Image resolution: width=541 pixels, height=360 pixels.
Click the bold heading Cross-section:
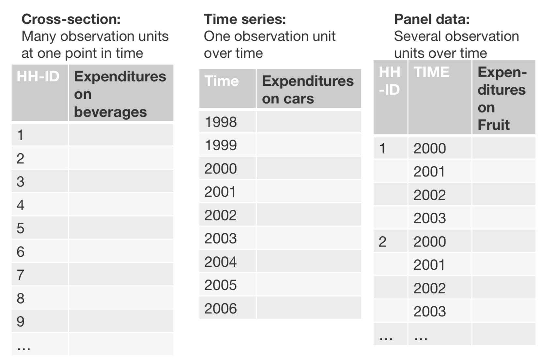[71, 19]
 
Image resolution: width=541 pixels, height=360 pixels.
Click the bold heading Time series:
[245, 19]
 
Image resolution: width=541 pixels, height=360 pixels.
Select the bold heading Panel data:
[432, 19]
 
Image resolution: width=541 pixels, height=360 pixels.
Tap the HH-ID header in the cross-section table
[38, 77]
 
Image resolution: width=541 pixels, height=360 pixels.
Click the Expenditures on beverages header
[120, 94]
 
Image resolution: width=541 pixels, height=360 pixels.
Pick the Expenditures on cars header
[307, 89]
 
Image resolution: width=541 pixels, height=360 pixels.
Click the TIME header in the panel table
[431, 72]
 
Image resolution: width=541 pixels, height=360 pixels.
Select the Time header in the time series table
[222, 81]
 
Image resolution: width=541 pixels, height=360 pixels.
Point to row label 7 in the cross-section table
[20, 275]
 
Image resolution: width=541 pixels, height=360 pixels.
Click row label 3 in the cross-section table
[20, 182]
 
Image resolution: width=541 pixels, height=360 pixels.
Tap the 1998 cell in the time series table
[221, 122]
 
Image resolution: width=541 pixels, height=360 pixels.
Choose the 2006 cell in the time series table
[221, 308]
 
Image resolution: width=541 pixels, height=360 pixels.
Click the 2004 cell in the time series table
[221, 262]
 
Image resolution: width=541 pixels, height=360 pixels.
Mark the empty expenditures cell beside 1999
[308, 145]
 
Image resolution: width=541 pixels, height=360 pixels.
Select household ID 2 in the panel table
[382, 242]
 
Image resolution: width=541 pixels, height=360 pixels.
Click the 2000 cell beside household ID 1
[429, 148]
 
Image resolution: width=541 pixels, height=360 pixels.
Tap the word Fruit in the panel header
[493, 125]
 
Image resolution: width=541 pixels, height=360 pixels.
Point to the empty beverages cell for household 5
[121, 228]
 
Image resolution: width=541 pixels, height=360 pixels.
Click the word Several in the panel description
[415, 36]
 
